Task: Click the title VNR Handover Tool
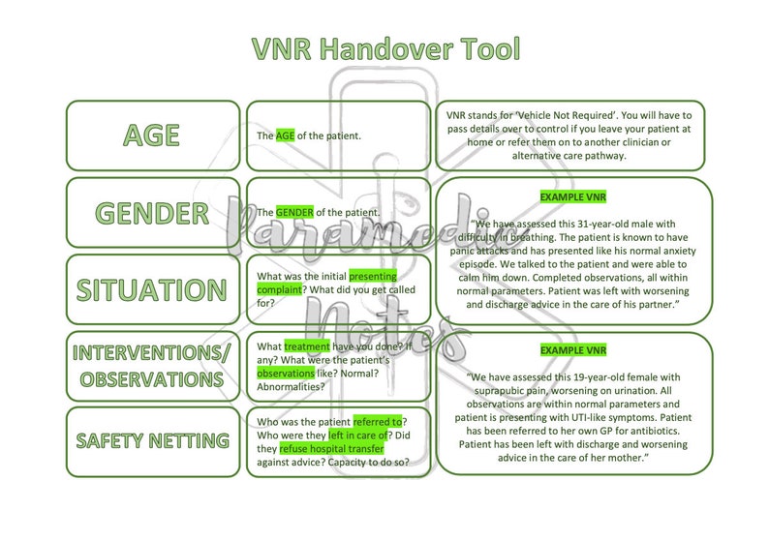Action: (384, 49)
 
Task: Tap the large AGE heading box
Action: (152, 135)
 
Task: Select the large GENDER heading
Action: (152, 212)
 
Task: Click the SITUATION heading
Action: (152, 288)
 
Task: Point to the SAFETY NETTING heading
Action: (152, 441)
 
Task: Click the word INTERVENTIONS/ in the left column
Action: (152, 353)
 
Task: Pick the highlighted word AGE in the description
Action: (285, 135)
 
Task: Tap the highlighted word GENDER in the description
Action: (294, 212)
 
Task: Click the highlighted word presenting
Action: (373, 275)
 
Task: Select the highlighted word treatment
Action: (307, 346)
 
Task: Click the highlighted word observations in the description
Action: (285, 373)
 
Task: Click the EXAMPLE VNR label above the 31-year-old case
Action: (572, 197)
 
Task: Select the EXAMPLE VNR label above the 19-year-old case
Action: (572, 349)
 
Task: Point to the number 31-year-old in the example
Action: (610, 225)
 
